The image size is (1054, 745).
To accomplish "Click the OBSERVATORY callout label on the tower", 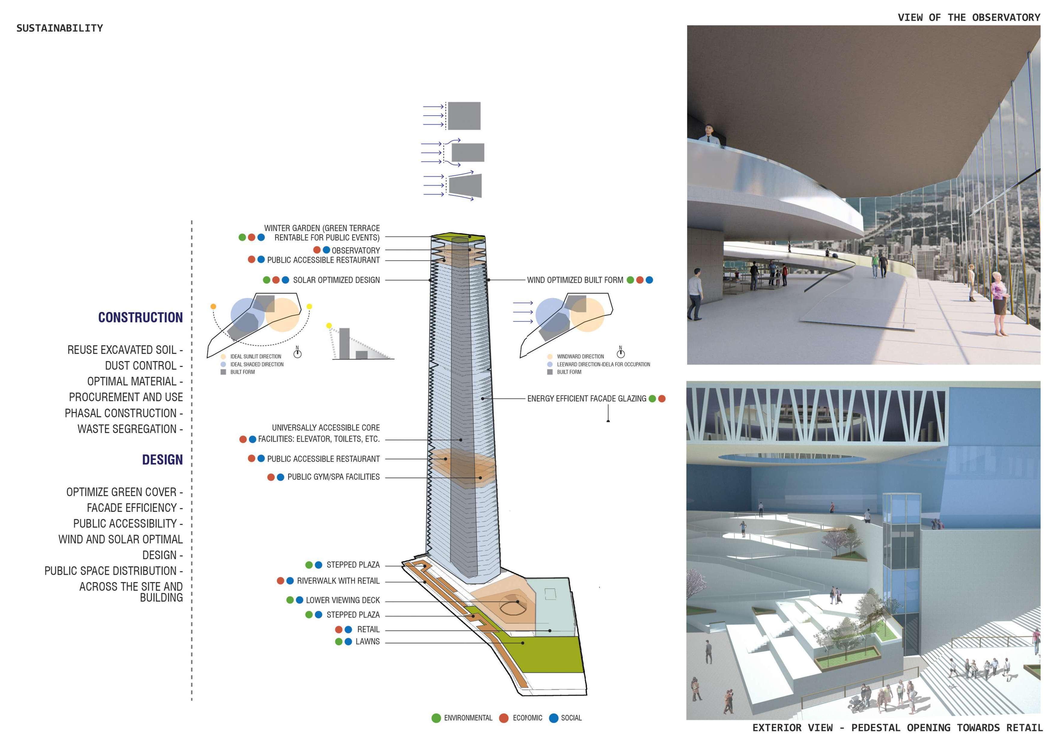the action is [x=356, y=251].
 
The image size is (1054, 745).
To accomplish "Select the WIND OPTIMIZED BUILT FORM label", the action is [x=575, y=280].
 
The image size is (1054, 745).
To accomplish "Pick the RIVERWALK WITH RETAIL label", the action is [x=338, y=581].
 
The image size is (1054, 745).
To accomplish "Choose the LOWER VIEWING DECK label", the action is [x=343, y=601].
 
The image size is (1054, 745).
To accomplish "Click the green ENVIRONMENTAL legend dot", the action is [x=436, y=718].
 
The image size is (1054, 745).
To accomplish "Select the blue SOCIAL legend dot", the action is [x=554, y=718].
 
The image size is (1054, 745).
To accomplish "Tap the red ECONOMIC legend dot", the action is [x=504, y=718].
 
